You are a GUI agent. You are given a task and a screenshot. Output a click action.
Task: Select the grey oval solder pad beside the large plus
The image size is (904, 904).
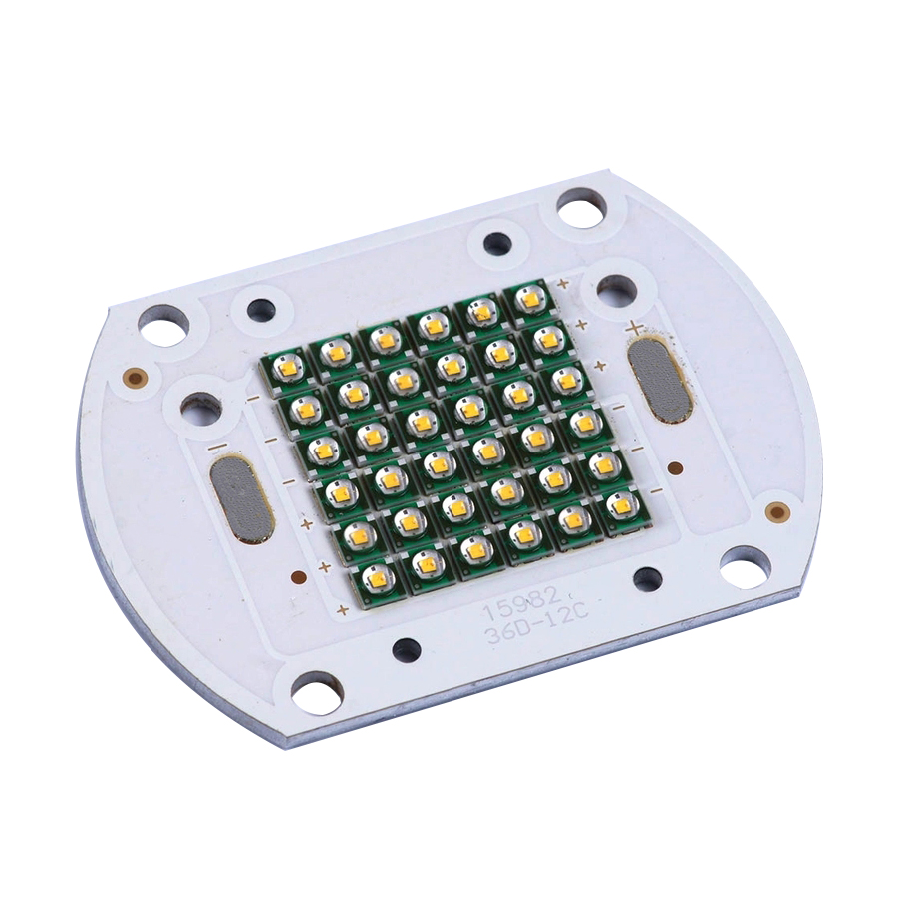(x=658, y=379)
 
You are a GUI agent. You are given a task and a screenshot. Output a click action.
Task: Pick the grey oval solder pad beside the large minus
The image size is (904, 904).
(x=241, y=499)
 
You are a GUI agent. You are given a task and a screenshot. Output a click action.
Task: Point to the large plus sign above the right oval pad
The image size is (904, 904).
(x=633, y=326)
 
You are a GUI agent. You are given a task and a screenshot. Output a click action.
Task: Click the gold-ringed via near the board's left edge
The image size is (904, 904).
(x=134, y=378)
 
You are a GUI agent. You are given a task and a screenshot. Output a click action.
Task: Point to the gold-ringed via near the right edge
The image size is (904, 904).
(x=777, y=512)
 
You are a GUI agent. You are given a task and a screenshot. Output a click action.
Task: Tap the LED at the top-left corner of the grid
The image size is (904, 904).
(x=285, y=368)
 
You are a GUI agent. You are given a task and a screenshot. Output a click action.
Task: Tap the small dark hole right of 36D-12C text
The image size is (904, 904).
(x=648, y=578)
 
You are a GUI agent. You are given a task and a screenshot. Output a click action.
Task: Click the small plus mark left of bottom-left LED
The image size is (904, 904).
(x=342, y=609)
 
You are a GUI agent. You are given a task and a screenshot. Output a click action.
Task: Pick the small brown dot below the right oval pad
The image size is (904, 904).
(x=675, y=468)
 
